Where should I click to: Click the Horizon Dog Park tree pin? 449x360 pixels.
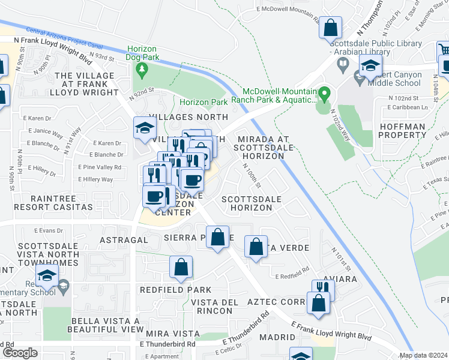[142, 70]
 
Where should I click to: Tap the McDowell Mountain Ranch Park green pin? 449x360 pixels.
[325, 94]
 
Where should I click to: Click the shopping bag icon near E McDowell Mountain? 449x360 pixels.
[330, 28]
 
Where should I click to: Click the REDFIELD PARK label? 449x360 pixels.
[167, 289]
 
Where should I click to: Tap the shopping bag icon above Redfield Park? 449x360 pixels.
[181, 268]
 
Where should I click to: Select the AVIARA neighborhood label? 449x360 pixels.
[341, 279]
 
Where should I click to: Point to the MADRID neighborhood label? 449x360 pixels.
[277, 337]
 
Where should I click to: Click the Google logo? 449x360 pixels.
[20, 353]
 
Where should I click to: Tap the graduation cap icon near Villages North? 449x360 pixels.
[145, 128]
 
